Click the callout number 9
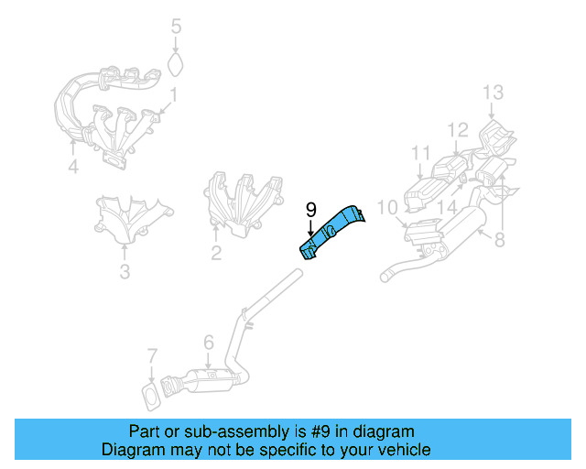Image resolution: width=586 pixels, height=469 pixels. point(311,210)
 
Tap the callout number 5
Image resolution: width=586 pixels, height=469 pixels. point(176,27)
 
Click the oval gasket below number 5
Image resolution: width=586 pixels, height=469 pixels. point(175,64)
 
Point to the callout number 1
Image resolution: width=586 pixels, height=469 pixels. point(173,95)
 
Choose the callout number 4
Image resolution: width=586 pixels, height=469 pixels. point(73,166)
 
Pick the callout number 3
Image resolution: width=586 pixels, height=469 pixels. point(125,271)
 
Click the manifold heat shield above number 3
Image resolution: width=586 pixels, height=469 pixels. point(133,220)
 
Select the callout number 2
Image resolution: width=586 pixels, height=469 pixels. point(216,253)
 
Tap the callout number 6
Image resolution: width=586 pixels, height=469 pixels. point(209,342)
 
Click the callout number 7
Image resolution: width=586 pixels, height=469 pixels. point(152,356)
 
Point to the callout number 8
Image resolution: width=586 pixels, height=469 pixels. point(499,239)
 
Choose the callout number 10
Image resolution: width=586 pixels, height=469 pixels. point(387,208)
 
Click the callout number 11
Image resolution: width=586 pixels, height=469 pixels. point(420,153)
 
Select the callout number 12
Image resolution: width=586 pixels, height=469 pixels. point(458,130)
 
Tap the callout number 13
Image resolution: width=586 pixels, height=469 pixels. point(493,92)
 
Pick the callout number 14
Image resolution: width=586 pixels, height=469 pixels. point(447,207)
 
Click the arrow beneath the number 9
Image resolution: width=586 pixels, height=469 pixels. point(311,228)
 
